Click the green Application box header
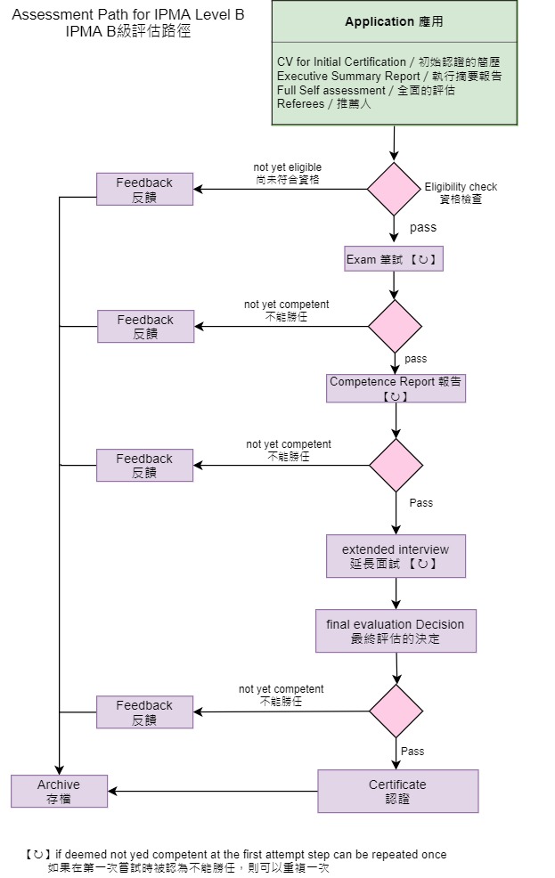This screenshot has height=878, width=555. coord(394,21)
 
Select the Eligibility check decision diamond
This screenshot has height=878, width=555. coord(394,189)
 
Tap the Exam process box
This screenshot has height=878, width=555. coord(394,259)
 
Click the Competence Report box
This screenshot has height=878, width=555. coord(396,388)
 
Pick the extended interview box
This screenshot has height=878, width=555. coord(396,556)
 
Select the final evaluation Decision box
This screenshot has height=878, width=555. coord(396,631)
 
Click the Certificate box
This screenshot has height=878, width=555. coord(397,791)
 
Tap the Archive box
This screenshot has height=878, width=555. coord(59,791)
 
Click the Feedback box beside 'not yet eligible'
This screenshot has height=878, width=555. coord(144,189)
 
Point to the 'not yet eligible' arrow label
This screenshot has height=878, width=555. coord(288,173)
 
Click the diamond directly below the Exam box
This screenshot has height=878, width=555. coord(395,326)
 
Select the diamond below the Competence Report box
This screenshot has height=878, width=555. coord(396,465)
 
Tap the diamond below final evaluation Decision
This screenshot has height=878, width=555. coord(396,711)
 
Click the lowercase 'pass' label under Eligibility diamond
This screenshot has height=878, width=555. coord(423,228)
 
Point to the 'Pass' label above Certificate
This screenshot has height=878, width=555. coord(412,752)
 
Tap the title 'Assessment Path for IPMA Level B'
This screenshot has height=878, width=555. coord(128,16)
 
